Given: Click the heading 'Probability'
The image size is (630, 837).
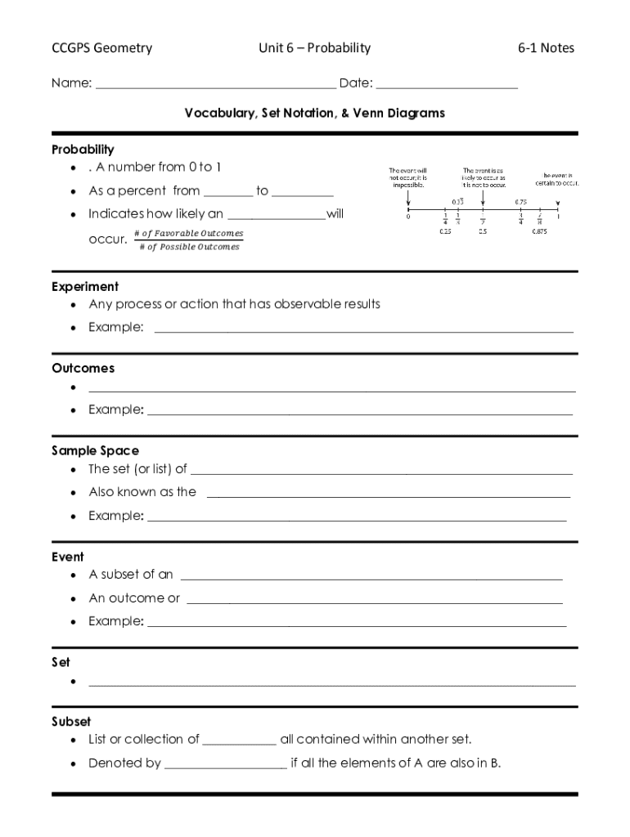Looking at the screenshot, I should click(x=83, y=150).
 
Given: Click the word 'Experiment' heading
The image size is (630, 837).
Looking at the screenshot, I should click(x=85, y=287).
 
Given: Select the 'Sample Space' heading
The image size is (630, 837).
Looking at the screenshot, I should click(x=95, y=450).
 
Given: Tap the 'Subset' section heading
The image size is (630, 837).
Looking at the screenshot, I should click(x=71, y=722).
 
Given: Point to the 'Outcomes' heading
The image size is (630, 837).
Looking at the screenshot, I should click(x=83, y=369).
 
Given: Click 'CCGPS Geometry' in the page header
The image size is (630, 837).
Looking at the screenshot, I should click(x=102, y=48).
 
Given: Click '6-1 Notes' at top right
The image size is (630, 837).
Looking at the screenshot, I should click(x=546, y=48).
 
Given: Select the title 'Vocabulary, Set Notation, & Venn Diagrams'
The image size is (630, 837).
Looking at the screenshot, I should click(x=314, y=114).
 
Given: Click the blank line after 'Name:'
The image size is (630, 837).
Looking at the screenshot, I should click(x=215, y=84).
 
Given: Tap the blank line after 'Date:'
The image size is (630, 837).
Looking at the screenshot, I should click(x=447, y=84).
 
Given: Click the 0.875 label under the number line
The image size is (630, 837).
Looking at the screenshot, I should click(x=540, y=231).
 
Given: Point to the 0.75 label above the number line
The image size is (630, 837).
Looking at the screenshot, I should click(x=520, y=202).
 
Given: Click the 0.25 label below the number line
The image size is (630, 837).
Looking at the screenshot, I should click(x=446, y=231).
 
